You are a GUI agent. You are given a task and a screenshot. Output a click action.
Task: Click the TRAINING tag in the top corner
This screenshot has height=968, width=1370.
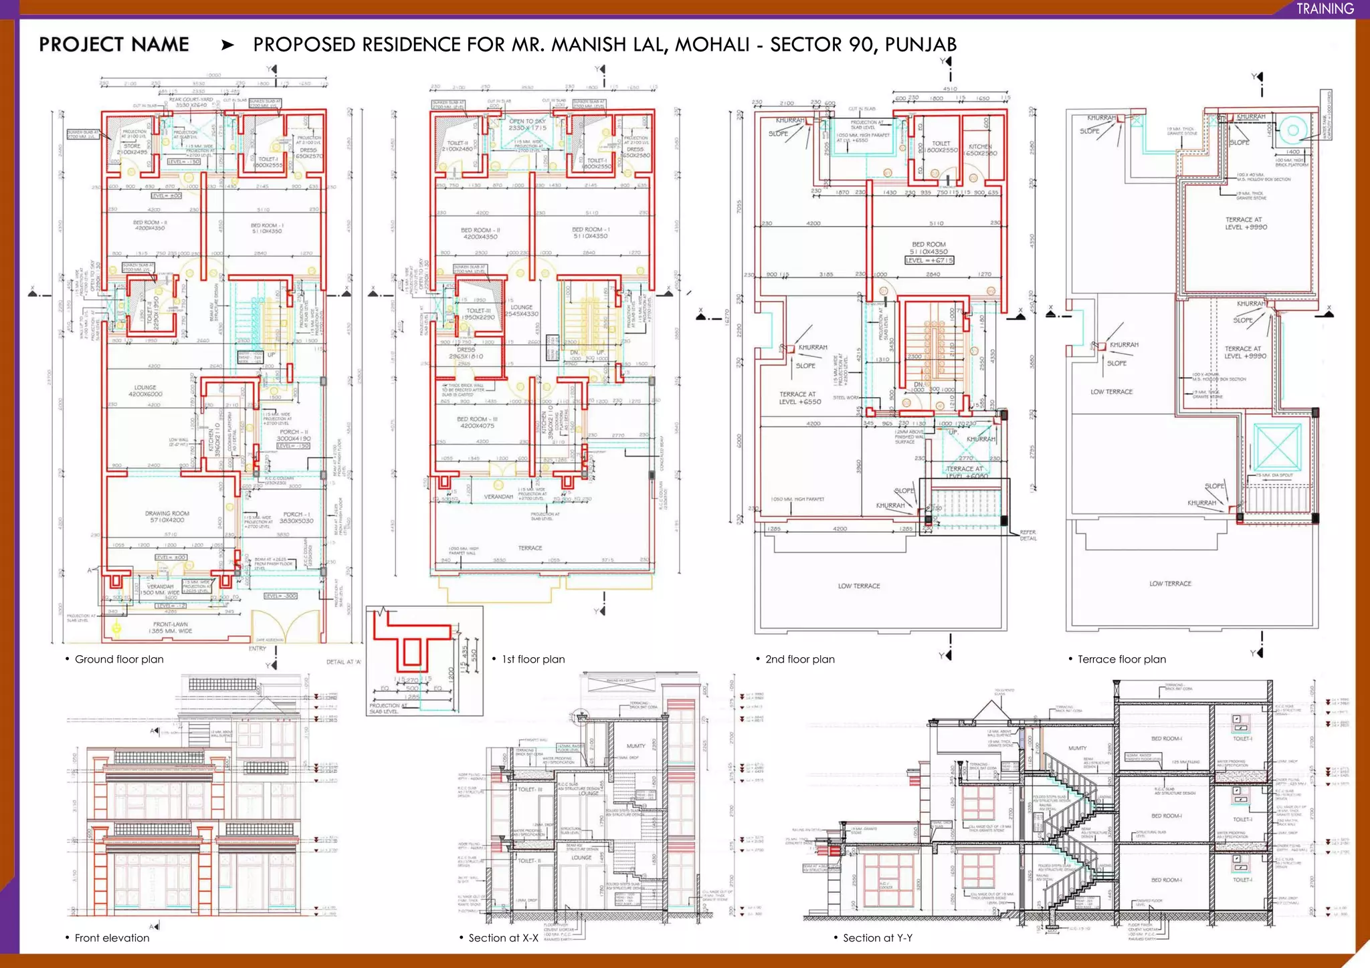[x=1325, y=9]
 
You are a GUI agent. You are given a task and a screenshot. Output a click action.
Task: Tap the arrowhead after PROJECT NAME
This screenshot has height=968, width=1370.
[x=227, y=45]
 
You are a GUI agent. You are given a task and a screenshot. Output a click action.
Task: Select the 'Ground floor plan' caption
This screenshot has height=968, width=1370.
[x=119, y=659]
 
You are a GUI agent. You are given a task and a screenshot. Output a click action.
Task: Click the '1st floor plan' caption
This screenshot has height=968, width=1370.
[x=533, y=659]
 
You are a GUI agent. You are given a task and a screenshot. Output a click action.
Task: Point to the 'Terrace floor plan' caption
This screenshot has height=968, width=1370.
[x=1121, y=659]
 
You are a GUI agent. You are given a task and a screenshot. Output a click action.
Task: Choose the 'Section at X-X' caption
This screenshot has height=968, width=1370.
[x=503, y=938]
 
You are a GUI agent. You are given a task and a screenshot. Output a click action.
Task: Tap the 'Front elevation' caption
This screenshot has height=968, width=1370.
[x=112, y=938]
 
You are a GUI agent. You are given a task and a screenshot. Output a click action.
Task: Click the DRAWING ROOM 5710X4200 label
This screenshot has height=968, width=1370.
[x=167, y=517]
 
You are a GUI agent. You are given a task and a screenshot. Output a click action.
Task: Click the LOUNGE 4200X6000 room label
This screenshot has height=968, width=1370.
[x=145, y=390]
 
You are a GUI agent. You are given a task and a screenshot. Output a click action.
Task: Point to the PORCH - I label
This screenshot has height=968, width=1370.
[x=296, y=515]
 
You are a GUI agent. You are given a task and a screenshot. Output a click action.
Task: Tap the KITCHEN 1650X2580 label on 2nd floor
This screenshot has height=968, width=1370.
[x=981, y=149]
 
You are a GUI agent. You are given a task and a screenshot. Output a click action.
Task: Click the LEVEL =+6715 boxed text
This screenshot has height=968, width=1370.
[x=929, y=260]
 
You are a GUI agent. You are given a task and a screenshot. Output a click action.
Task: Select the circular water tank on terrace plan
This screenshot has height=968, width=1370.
[x=1292, y=131]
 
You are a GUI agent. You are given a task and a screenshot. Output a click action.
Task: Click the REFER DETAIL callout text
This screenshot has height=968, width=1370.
[x=1028, y=535]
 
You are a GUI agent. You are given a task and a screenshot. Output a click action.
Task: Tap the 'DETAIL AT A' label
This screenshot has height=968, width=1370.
[x=343, y=662]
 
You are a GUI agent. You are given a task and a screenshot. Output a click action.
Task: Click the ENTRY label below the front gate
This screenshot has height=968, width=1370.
[x=258, y=648]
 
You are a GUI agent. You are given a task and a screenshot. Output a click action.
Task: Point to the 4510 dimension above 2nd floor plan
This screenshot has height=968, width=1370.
[x=949, y=88]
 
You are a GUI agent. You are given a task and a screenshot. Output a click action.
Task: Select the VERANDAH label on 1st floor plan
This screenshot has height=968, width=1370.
[x=498, y=497]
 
